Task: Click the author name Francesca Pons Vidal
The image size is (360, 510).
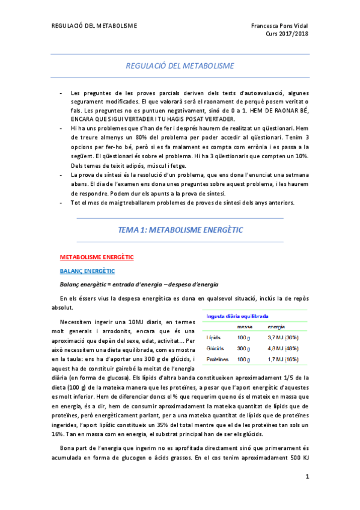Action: tap(279, 26)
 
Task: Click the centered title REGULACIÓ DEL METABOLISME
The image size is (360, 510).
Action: tap(180, 66)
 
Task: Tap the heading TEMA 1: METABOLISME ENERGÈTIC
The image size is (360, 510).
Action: tap(180, 229)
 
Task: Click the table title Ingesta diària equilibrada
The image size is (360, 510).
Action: tap(237, 316)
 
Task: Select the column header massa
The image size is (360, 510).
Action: tap(245, 327)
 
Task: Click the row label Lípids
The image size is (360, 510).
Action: tap(214, 338)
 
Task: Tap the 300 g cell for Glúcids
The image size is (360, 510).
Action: tap(243, 348)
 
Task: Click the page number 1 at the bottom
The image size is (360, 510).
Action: tap(307, 477)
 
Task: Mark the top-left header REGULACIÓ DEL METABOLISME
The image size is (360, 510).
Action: tap(94, 26)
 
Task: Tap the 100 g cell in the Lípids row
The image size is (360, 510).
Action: tap(243, 338)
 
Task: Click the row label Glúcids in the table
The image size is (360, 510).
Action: tap(215, 348)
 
